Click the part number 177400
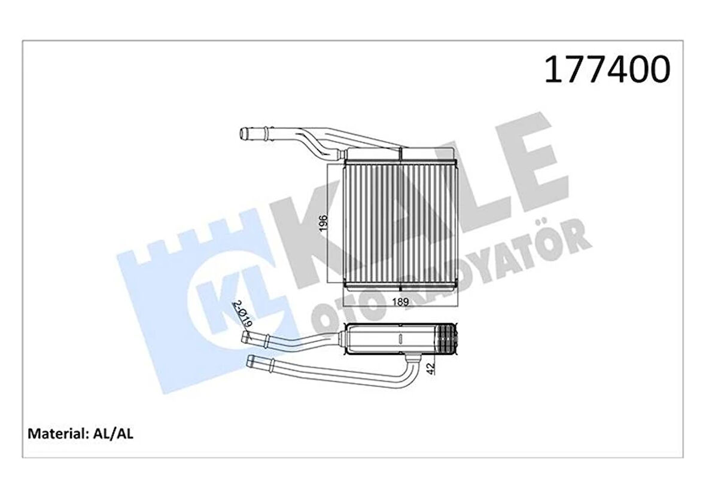[x=607, y=71]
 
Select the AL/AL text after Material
[x=113, y=433]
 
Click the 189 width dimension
[x=400, y=302]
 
